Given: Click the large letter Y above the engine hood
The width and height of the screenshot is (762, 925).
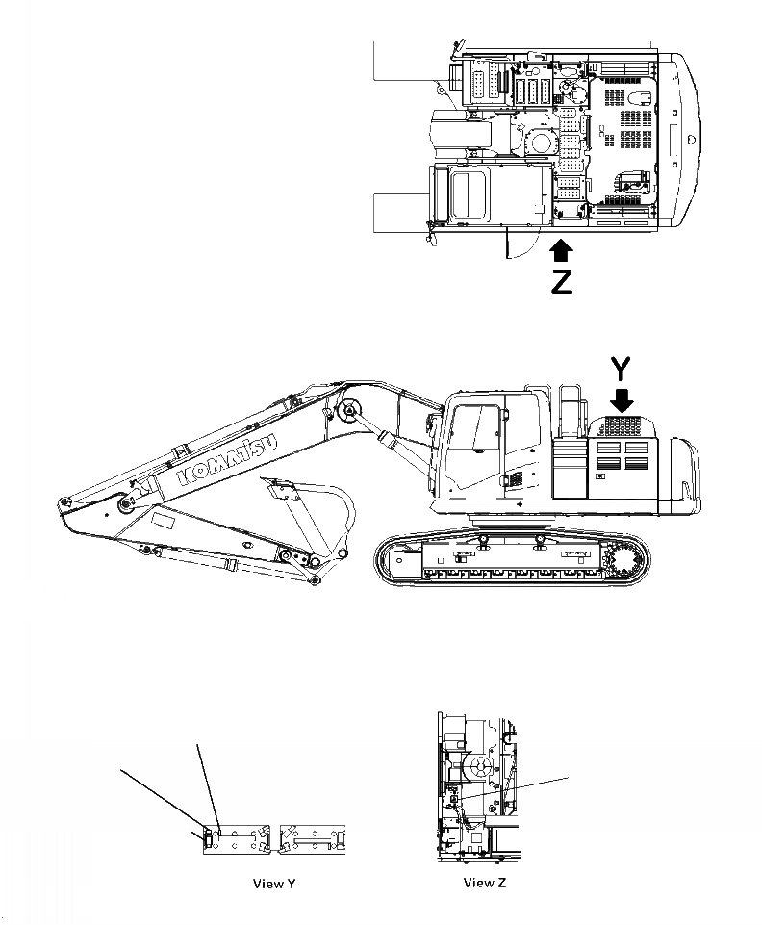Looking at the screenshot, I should pyautogui.click(x=622, y=370).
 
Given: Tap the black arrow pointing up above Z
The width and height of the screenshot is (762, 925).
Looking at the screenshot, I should pyautogui.click(x=562, y=251).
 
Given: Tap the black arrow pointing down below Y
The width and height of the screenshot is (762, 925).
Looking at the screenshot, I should pyautogui.click(x=623, y=399).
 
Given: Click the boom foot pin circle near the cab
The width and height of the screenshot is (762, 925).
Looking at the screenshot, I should pyautogui.click(x=347, y=411).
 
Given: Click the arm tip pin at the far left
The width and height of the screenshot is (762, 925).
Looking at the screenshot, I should pyautogui.click(x=65, y=502).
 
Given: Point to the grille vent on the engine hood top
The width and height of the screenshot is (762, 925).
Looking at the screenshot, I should pyautogui.click(x=622, y=424).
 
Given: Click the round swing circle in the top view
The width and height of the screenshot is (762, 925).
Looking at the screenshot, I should pyautogui.click(x=540, y=141).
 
